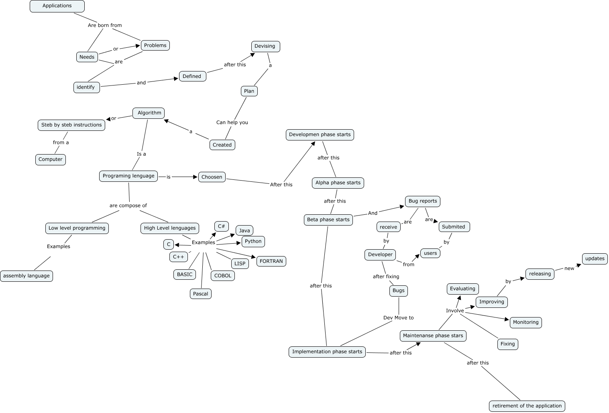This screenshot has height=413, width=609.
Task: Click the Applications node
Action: click(57, 6)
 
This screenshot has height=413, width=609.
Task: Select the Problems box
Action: click(155, 45)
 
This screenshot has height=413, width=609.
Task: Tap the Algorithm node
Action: click(149, 113)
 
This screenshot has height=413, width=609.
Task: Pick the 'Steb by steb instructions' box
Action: click(71, 125)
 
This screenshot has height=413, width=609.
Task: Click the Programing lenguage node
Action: click(128, 176)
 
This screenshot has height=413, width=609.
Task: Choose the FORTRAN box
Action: click(271, 261)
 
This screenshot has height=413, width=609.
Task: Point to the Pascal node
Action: click(200, 294)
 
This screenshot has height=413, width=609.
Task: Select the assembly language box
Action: click(26, 276)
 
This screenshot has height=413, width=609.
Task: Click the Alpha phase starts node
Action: click(338, 183)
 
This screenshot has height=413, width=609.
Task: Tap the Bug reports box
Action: click(422, 201)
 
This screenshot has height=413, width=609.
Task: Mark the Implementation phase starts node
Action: click(327, 352)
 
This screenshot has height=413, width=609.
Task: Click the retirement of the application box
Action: click(527, 406)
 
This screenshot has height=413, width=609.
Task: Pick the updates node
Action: click(595, 258)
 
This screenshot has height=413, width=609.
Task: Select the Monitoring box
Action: click(525, 322)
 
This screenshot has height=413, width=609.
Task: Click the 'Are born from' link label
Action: click(105, 25)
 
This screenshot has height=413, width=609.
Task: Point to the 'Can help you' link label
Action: click(232, 122)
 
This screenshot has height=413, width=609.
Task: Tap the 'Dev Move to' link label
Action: click(398, 318)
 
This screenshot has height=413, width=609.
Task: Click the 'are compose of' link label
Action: click(128, 205)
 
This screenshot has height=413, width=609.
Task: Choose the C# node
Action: click(221, 226)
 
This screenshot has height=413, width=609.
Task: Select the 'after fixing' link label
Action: click(386, 277)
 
